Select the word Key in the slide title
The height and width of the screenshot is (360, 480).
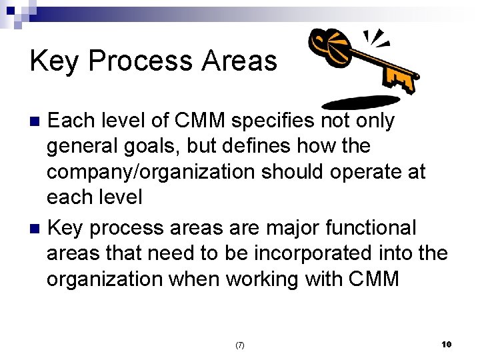click(x=55, y=61)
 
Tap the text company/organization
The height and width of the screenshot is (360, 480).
click(x=151, y=171)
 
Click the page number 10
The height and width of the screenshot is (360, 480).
click(x=446, y=344)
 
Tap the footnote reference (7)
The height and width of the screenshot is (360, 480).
click(x=240, y=345)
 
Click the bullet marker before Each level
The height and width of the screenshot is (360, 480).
click(x=37, y=121)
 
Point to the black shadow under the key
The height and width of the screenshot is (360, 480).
click(x=360, y=103)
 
